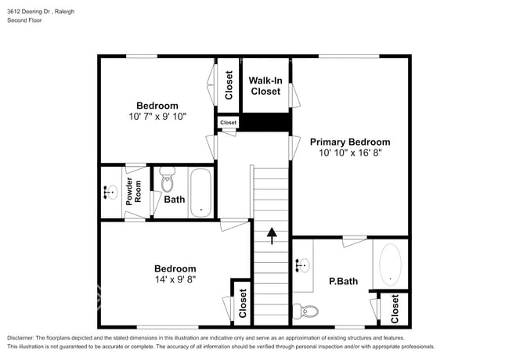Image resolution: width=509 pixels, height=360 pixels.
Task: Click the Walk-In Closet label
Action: tap(265, 85)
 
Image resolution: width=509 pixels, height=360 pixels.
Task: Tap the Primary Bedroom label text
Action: tap(349, 142)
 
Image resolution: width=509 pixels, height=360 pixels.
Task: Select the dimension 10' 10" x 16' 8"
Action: tap(349, 153)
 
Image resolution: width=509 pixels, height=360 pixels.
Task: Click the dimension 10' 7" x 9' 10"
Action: tap(157, 117)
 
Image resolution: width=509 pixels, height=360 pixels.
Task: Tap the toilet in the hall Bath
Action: tap(168, 182)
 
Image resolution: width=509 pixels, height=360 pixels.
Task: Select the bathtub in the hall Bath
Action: tap(200, 192)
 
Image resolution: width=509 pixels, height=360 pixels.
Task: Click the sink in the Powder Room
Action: tap(110, 192)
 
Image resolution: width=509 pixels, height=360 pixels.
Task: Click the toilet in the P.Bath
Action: tap(309, 311)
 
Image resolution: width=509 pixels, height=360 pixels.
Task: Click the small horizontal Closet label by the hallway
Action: tap(228, 123)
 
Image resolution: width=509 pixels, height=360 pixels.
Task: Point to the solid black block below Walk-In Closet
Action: tap(265, 123)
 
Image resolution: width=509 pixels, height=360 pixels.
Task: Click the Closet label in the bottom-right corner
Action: tap(395, 308)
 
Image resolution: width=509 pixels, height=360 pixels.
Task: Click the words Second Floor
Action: tap(25, 20)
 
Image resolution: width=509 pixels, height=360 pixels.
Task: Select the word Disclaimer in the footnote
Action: tap(24, 337)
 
